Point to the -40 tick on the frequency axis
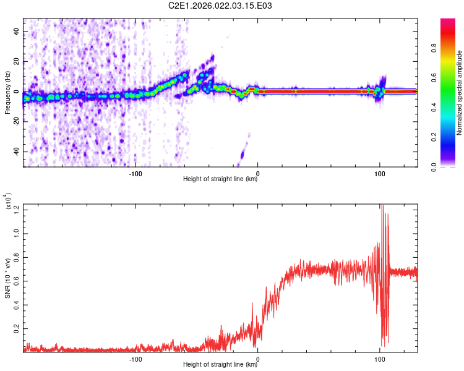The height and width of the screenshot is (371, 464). click(15, 151)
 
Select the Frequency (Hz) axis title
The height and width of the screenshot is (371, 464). click(7, 92)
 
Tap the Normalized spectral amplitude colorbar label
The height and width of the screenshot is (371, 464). click(459, 92)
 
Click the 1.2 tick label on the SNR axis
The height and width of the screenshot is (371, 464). click(15, 210)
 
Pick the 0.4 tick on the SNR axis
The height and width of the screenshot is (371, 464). click(15, 305)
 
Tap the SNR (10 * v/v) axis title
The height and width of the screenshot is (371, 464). click(7, 278)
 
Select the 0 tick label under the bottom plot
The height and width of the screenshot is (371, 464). click(258, 359)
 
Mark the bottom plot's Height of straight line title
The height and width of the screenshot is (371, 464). click(220, 365)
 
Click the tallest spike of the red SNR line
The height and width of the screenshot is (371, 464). click(382, 205)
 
